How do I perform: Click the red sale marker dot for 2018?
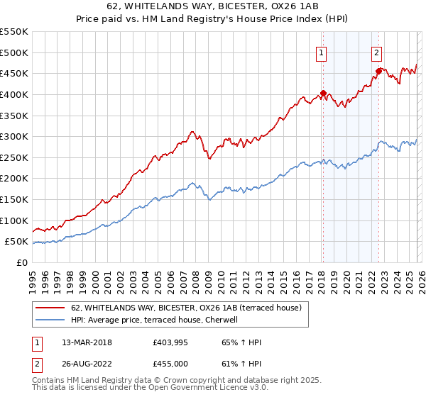tap(323, 93)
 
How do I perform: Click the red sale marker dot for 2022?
tap(378, 71)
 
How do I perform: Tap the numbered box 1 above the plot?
tap(322, 52)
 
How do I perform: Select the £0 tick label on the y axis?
tap(23, 262)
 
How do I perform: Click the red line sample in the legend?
tap(50, 308)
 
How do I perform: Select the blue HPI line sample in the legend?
tap(50, 320)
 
